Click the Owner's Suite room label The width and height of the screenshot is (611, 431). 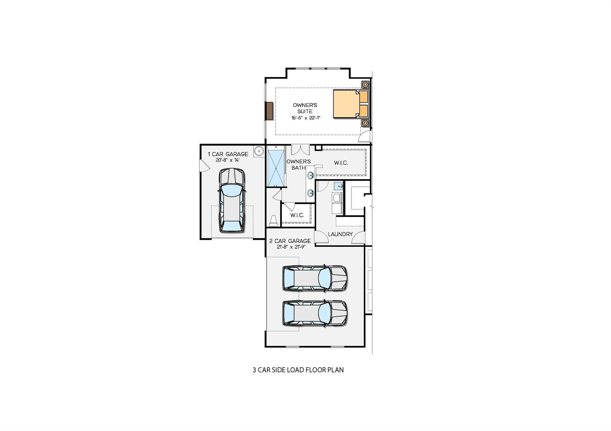[x=305, y=108]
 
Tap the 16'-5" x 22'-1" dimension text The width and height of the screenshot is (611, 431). [x=305, y=118]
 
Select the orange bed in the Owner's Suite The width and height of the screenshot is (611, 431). [x=346, y=104]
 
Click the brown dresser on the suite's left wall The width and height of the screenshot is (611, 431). [x=269, y=111]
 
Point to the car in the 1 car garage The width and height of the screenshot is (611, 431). [x=232, y=200]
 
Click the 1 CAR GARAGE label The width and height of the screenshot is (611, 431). [x=228, y=154]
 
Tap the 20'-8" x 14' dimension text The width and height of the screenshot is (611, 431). [x=228, y=160]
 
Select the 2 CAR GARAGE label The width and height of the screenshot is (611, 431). [x=290, y=241]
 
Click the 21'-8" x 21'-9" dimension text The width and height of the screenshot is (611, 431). [x=291, y=247]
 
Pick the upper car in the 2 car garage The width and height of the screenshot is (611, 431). [x=315, y=278]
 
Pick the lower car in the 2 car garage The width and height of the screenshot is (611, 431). [x=315, y=313]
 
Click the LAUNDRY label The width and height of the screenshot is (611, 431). [x=340, y=234]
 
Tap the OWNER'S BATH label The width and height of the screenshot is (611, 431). [x=298, y=165]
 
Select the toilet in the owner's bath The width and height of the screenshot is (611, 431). [x=274, y=221]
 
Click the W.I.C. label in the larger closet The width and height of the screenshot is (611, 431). [x=341, y=163]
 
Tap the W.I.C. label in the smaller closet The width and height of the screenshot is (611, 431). [x=297, y=215]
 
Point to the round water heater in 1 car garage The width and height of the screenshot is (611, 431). [x=259, y=151]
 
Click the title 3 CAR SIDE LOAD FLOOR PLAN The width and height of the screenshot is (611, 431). [x=298, y=370]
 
